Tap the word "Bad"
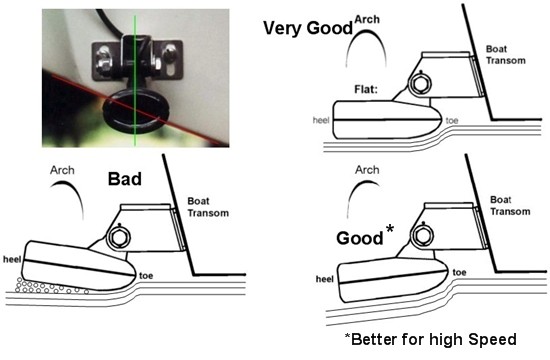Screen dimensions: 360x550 tap(125, 181)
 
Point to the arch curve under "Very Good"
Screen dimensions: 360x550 tap(365, 46)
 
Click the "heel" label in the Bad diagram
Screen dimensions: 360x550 tap(14, 256)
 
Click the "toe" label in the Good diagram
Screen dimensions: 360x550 tap(460, 272)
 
